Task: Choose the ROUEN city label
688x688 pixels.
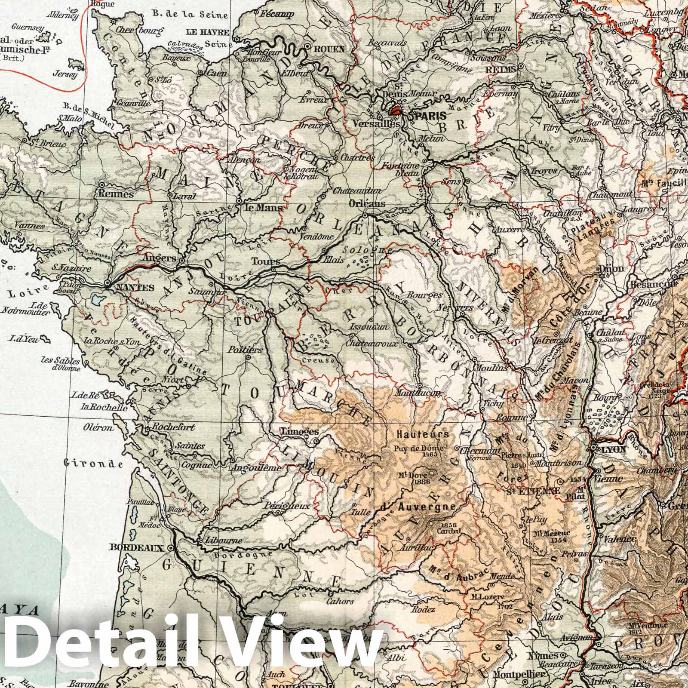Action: click(330, 49)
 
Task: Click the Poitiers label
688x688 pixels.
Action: click(246, 350)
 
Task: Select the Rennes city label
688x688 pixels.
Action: click(116, 194)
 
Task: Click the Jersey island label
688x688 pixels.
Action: click(65, 74)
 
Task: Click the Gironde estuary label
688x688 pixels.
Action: click(93, 464)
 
